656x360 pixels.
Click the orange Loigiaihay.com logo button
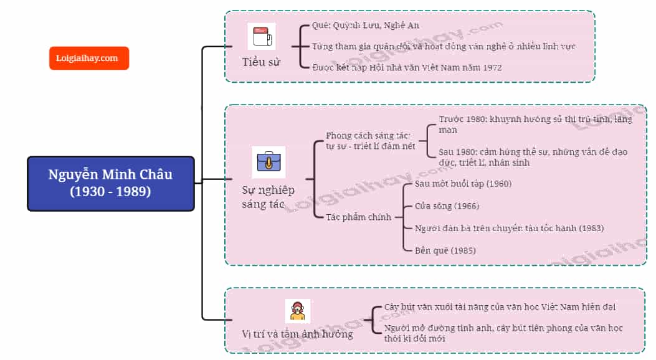point(89,58)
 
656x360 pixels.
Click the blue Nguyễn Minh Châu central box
point(111,184)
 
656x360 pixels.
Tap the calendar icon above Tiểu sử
point(262,36)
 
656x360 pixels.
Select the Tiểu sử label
point(261,62)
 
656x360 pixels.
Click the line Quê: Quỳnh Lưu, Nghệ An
point(365,26)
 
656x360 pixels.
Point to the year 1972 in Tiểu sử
point(492,67)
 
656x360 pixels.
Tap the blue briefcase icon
point(269,162)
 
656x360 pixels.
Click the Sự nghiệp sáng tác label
point(268,197)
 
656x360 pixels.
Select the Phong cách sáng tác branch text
point(370,141)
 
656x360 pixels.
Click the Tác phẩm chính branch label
point(359,217)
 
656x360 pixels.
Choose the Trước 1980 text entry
point(535,125)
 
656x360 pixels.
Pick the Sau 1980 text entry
point(533,157)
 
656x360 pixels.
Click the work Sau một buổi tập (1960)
point(463,184)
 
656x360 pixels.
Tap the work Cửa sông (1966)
point(447,206)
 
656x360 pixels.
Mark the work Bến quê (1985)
point(445,250)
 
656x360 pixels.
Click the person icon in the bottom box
point(297,311)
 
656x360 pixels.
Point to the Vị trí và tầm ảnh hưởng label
point(297,334)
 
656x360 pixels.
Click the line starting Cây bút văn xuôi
point(500,307)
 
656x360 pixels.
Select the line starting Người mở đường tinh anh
point(503,333)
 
